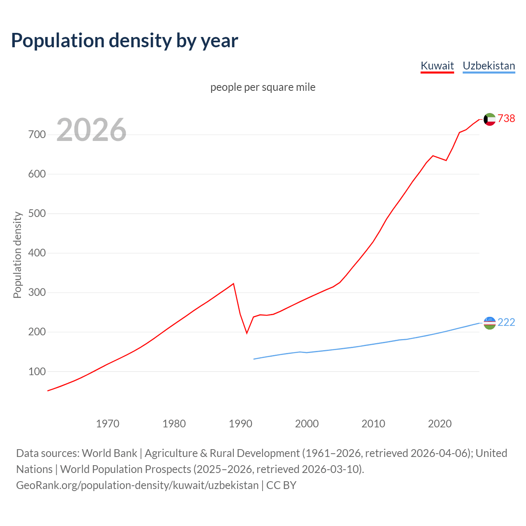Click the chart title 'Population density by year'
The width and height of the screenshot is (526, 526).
pyautogui.click(x=125, y=40)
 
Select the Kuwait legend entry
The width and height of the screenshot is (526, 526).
pyautogui.click(x=437, y=66)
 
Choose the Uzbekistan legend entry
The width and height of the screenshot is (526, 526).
pyautogui.click(x=489, y=66)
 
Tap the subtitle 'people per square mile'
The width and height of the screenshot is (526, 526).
pyautogui.click(x=263, y=87)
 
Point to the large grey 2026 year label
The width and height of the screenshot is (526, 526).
pyautogui.click(x=91, y=130)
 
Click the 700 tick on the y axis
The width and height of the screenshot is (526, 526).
pyautogui.click(x=37, y=135)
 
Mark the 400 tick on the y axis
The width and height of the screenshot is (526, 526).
pyautogui.click(x=37, y=253)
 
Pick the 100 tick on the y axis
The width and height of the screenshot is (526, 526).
pyautogui.click(x=37, y=371)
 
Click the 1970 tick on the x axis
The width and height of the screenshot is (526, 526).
pyautogui.click(x=108, y=423)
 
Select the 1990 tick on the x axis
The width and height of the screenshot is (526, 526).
pyautogui.click(x=240, y=423)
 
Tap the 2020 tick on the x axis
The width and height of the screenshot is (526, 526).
pyautogui.click(x=440, y=423)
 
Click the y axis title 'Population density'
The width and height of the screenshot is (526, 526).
pyautogui.click(x=17, y=255)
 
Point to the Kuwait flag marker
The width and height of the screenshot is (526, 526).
pyautogui.click(x=489, y=119)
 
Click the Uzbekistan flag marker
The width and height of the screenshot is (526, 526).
pyautogui.click(x=489, y=323)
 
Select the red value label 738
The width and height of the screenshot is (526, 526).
pyautogui.click(x=506, y=118)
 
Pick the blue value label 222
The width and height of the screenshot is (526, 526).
pyautogui.click(x=506, y=322)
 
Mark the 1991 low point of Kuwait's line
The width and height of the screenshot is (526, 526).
pyautogui.click(x=247, y=333)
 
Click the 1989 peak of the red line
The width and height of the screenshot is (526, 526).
pyautogui.click(x=233, y=284)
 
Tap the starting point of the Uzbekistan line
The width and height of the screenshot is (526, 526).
pyautogui.click(x=254, y=359)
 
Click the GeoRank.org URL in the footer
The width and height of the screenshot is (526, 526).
pyautogui.click(x=137, y=485)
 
